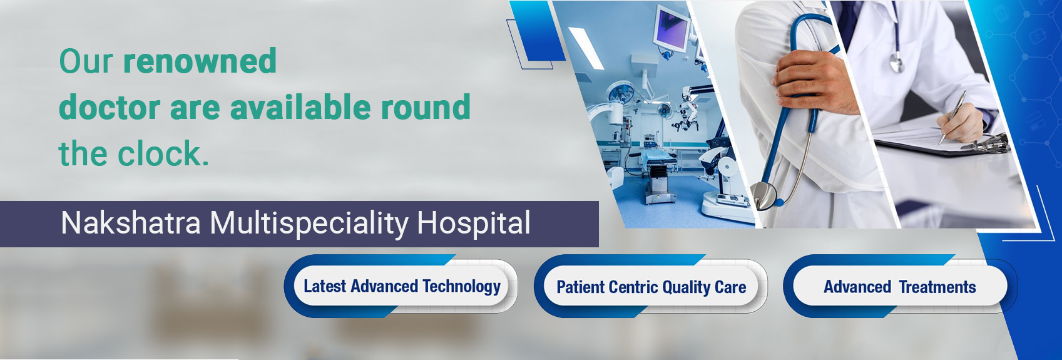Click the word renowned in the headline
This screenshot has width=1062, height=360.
tap(200, 61)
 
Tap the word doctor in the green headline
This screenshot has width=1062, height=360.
tap(110, 106)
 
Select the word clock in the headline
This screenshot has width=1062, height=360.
tap(163, 153)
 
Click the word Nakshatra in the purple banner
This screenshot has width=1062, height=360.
tap(131, 222)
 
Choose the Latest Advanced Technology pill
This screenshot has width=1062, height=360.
tap(401, 286)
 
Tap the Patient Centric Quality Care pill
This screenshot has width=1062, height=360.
tap(651, 287)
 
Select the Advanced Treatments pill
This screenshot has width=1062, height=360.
tap(900, 287)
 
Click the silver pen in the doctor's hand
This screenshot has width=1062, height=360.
tap(952, 118)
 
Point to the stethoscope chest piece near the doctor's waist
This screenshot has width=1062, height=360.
tap(765, 195)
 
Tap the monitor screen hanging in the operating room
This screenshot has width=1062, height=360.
tap(670, 28)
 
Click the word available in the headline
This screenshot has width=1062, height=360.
tap(300, 106)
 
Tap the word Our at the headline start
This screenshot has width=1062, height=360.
tap(86, 61)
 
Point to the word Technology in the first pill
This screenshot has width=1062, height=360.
tap(461, 287)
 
